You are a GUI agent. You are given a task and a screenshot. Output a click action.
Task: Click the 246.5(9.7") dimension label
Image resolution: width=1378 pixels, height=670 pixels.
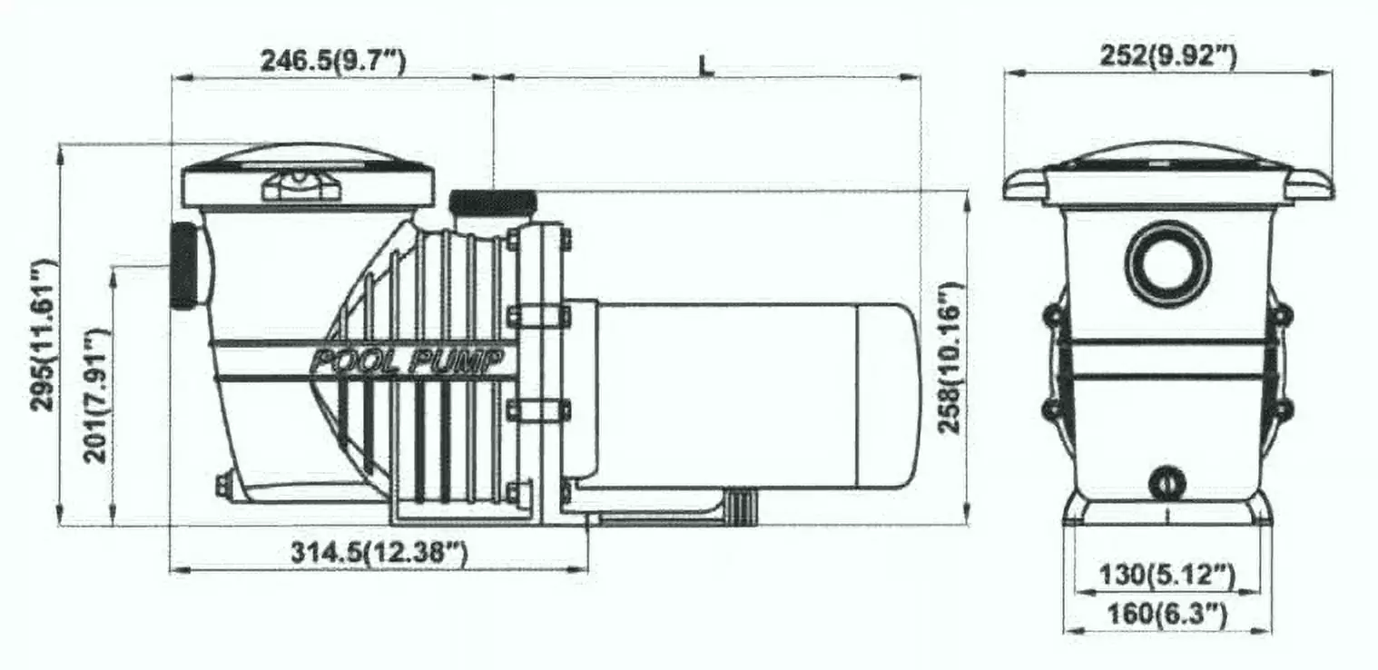pyautogui.click(x=333, y=61)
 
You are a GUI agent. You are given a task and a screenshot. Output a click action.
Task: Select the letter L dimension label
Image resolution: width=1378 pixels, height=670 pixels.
pyautogui.click(x=707, y=65)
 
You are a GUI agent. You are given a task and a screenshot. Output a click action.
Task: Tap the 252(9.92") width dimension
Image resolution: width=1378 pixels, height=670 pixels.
pyautogui.click(x=1167, y=56)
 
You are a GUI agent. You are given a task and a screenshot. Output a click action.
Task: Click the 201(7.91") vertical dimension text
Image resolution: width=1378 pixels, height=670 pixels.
pyautogui.click(x=96, y=396)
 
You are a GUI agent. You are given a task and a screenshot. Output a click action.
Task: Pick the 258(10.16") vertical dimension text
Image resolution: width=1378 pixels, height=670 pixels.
pyautogui.click(x=950, y=358)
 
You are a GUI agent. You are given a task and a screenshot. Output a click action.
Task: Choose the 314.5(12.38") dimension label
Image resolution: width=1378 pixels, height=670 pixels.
pyautogui.click(x=379, y=552)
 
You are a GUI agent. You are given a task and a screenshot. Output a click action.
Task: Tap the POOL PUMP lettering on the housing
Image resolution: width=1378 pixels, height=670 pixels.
pyautogui.click(x=408, y=361)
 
